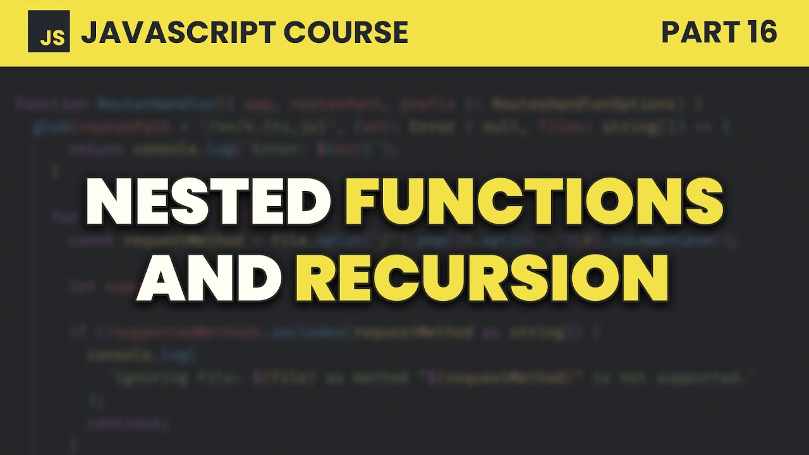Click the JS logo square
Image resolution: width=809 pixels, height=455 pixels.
[49, 32]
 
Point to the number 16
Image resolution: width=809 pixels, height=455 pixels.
[760, 32]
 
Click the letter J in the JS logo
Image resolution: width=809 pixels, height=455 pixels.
[44, 38]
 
